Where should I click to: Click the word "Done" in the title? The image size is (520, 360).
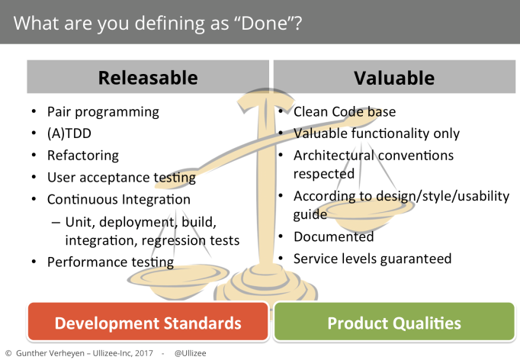(x=264, y=23)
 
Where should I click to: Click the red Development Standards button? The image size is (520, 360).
(x=148, y=322)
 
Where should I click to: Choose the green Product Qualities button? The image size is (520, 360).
(x=394, y=322)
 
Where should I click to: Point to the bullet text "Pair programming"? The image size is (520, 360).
(x=103, y=112)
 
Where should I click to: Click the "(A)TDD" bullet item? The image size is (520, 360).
(x=69, y=133)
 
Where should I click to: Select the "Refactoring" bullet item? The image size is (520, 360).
(x=83, y=156)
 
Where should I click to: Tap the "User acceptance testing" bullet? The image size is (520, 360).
(x=121, y=178)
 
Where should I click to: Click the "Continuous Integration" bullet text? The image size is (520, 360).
(x=119, y=199)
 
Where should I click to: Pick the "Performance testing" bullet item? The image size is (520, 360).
(x=111, y=262)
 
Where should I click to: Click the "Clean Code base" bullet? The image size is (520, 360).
(x=345, y=112)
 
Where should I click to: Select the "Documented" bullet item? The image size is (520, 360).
(x=334, y=236)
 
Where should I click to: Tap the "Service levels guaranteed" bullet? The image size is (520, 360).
(x=372, y=259)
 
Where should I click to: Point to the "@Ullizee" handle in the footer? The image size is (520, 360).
(x=190, y=353)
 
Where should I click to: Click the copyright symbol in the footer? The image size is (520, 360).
(x=8, y=353)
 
